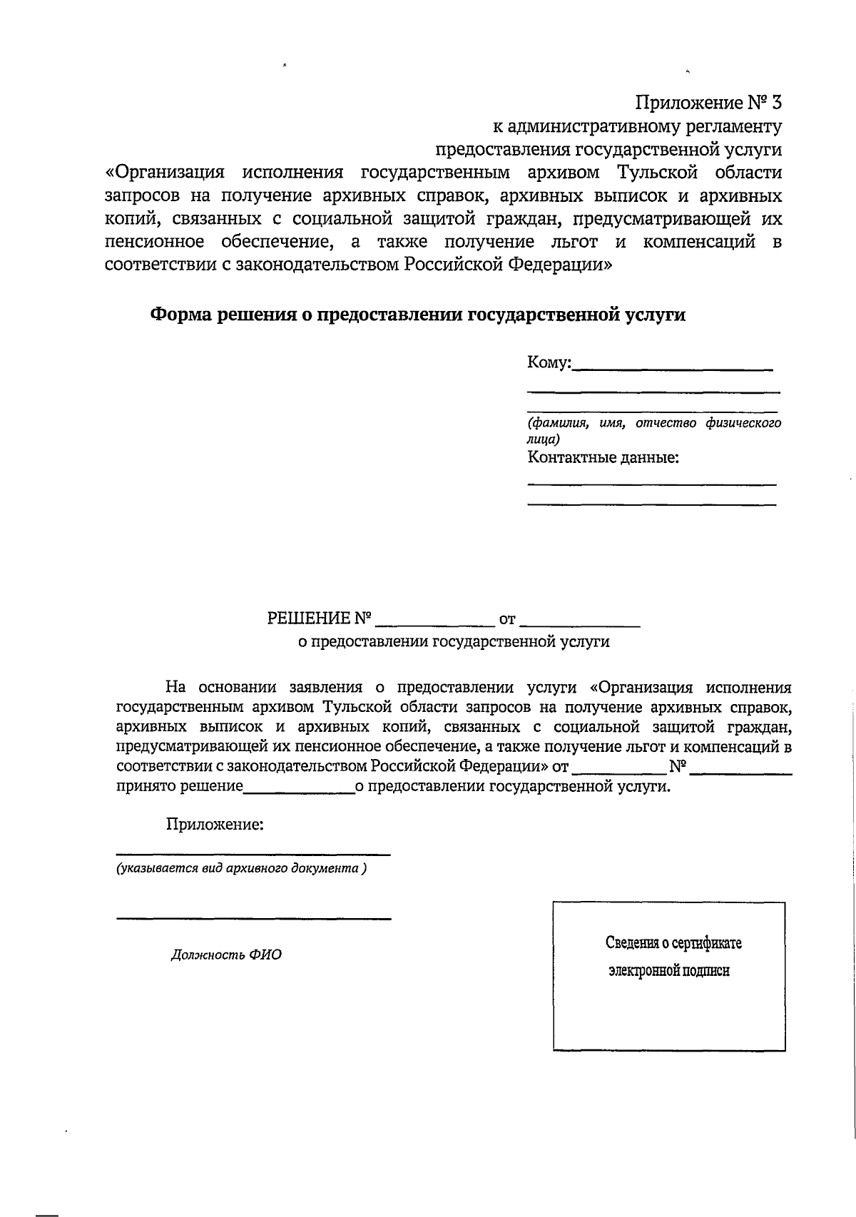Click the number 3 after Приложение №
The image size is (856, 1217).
pyautogui.click(x=776, y=103)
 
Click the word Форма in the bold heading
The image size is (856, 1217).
pyautogui.click(x=182, y=315)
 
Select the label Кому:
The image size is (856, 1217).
pyautogui.click(x=549, y=362)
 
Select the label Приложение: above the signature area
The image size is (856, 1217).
pyautogui.click(x=215, y=825)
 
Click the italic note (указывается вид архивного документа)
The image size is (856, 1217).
pyautogui.click(x=242, y=869)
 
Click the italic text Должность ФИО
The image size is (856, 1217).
pyautogui.click(x=226, y=954)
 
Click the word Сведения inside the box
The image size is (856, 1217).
pyautogui.click(x=632, y=943)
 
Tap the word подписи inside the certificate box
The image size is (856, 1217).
pyautogui.click(x=706, y=971)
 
